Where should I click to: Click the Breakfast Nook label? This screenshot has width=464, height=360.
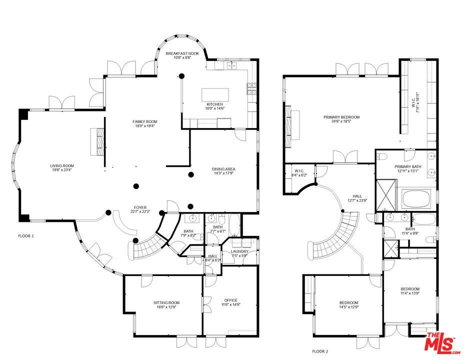click(x=182, y=53)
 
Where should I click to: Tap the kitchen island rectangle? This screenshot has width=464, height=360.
click(x=214, y=95)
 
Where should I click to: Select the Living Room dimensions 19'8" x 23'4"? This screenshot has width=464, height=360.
click(x=61, y=170)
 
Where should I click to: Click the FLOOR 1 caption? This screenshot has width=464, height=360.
click(x=26, y=235)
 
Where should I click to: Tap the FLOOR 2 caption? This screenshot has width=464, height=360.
click(x=320, y=351)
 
